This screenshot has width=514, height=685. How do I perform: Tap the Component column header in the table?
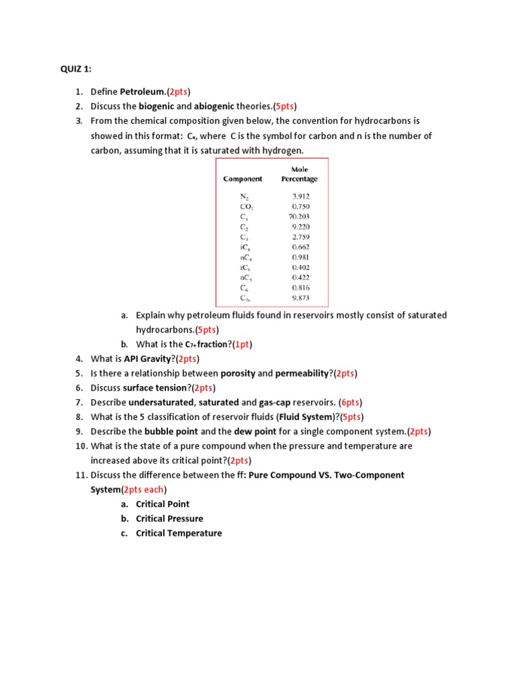(242, 179)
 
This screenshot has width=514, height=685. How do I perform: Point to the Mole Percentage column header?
(299, 175)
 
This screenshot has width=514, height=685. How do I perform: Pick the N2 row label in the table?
(244, 197)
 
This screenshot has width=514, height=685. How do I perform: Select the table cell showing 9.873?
(301, 298)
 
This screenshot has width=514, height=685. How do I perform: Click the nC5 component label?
(246, 278)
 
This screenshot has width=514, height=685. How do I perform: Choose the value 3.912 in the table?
(301, 197)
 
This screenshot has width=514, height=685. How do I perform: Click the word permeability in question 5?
(304, 373)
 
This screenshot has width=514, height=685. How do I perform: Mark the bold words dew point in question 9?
(254, 431)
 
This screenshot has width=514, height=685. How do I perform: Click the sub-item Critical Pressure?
(169, 518)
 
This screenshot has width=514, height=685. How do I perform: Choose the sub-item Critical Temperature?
(179, 533)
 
